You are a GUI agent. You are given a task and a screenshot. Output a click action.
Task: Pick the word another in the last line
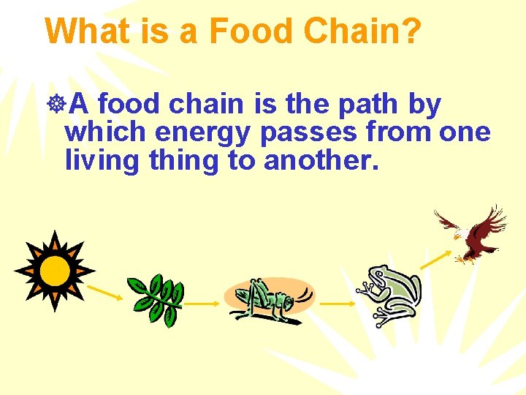coord(321,159)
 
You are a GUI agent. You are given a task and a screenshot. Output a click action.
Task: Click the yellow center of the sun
coord(54,270)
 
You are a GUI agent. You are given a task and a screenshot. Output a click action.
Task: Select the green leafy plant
coord(155,300)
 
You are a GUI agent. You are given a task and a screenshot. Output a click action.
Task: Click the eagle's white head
coord(459,235)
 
